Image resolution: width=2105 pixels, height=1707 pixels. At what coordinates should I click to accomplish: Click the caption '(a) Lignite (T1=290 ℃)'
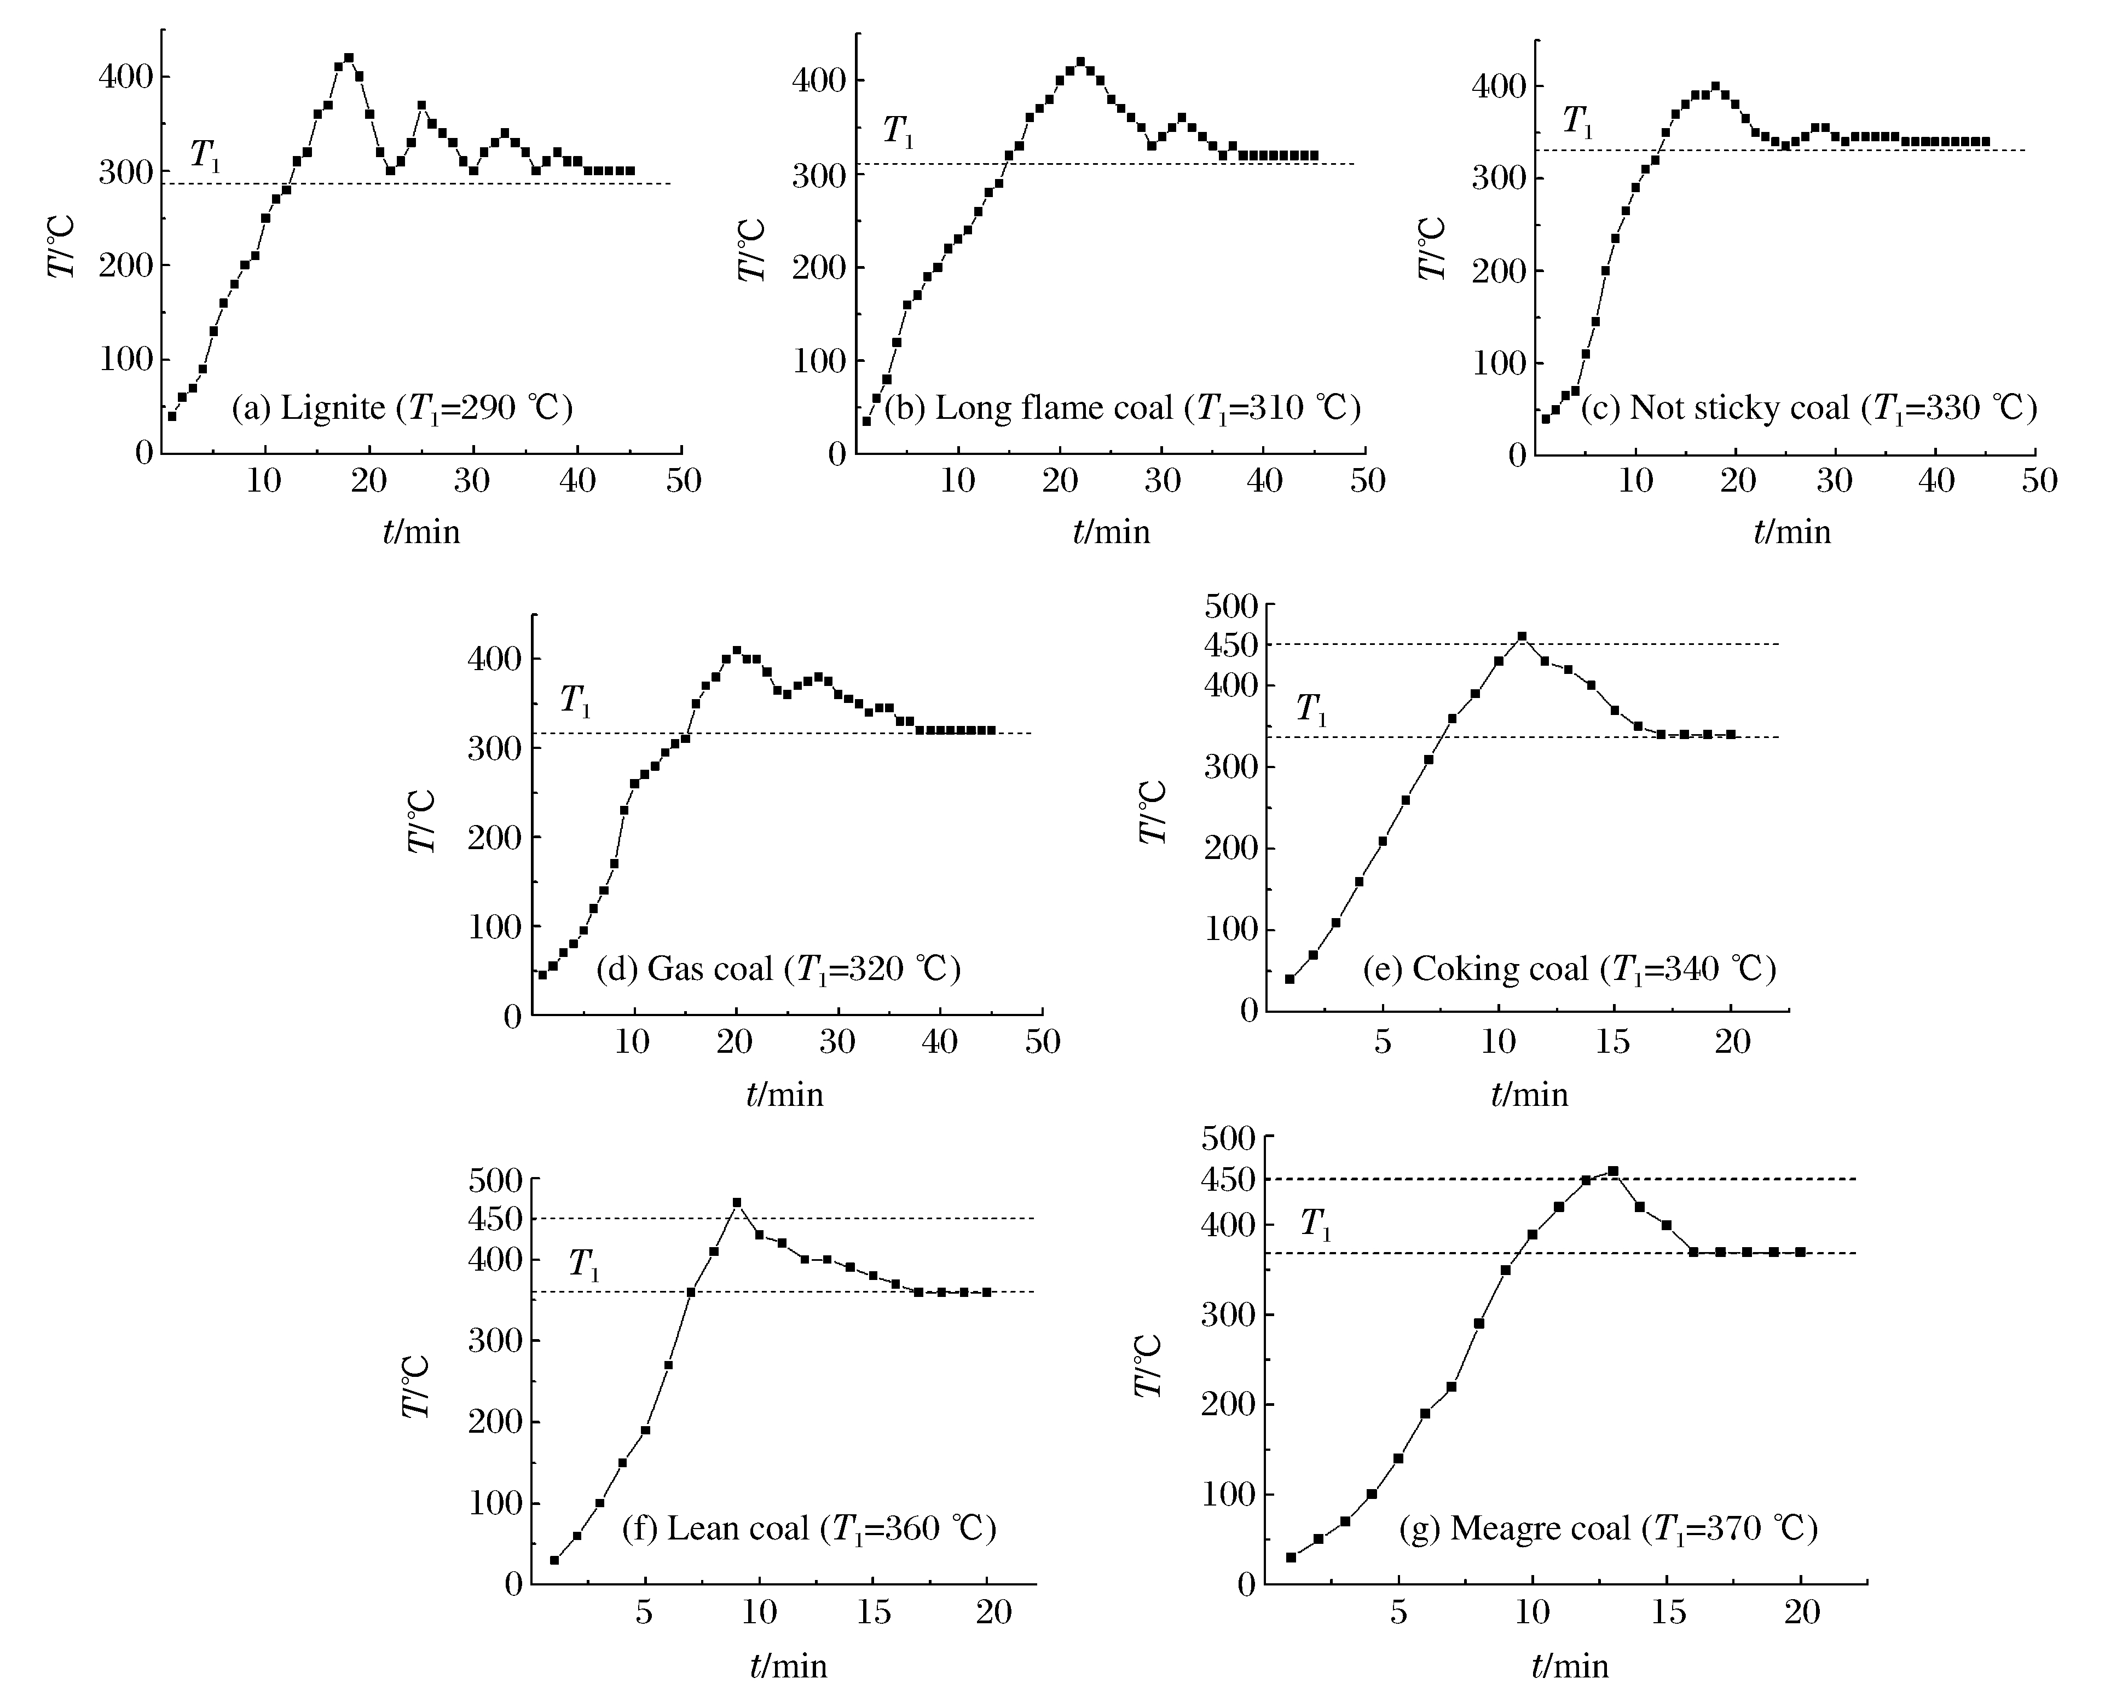pyautogui.click(x=402, y=407)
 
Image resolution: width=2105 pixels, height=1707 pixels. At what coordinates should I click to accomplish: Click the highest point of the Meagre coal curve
pyautogui.click(x=1612, y=1171)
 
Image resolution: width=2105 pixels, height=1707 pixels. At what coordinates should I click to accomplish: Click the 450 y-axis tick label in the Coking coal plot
pyautogui.click(x=1231, y=645)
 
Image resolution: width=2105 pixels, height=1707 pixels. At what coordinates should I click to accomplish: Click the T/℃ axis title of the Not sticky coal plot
pyautogui.click(x=1432, y=248)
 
